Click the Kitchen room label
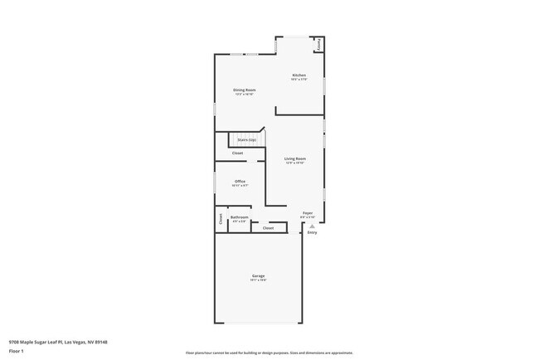click(299, 75)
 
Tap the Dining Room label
click(244, 90)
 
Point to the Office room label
click(240, 181)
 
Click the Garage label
click(259, 275)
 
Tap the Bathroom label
click(239, 217)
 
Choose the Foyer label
click(307, 213)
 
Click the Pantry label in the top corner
click(318, 45)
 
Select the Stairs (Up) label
click(246, 139)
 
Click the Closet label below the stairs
click(237, 153)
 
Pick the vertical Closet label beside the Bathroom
click(221, 219)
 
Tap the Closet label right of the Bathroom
click(268, 227)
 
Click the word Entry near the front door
click(312, 233)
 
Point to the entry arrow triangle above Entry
click(312, 226)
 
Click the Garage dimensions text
click(259, 280)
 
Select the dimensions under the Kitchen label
click(299, 80)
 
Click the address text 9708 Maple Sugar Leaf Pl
click(58, 342)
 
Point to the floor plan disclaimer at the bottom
click(269, 353)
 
